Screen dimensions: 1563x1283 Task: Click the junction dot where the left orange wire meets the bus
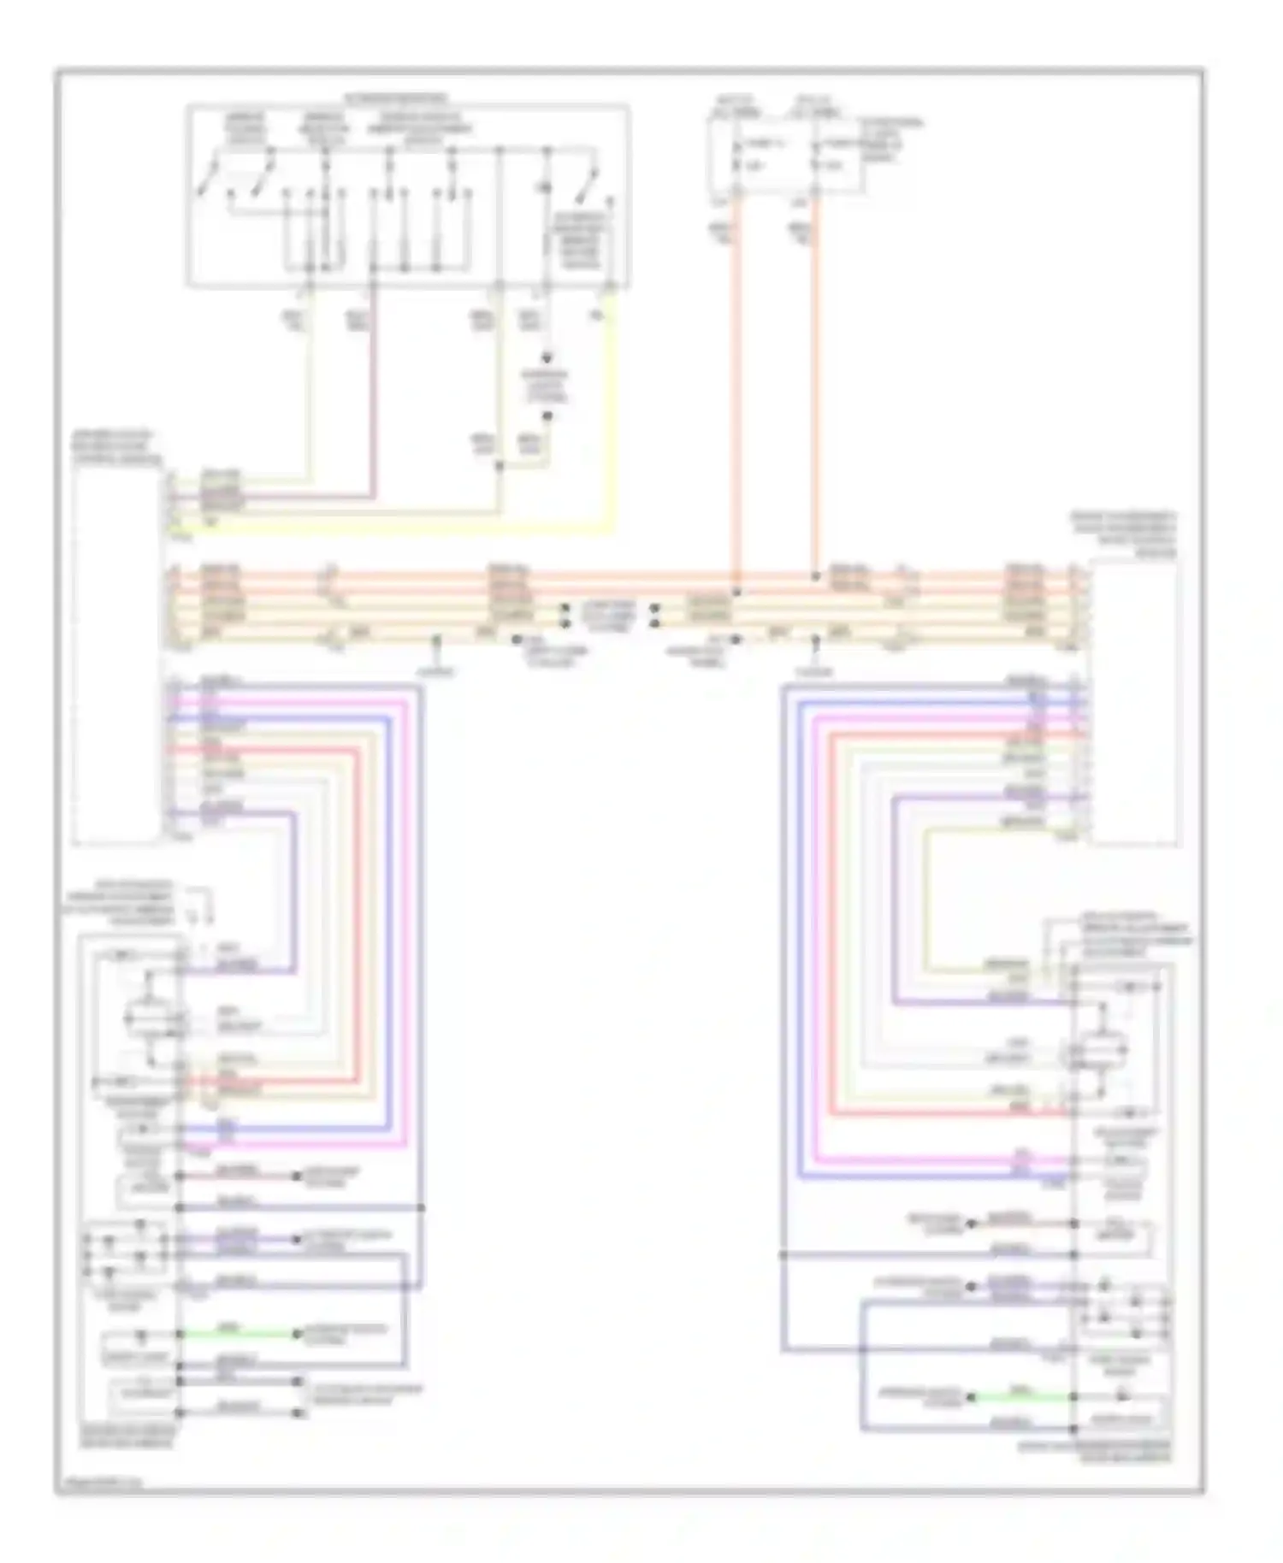(x=736, y=591)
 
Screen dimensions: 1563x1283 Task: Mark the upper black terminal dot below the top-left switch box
(x=548, y=359)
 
